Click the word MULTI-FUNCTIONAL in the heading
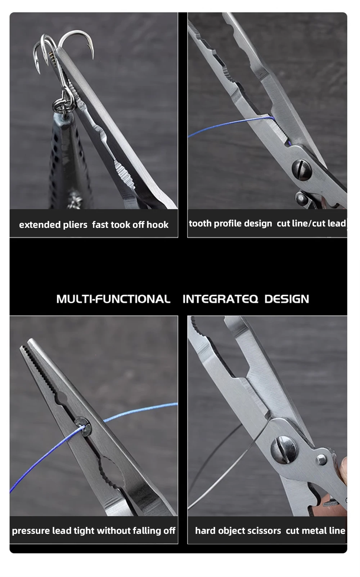pyautogui.click(x=113, y=299)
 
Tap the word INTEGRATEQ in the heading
pyautogui.click(x=220, y=299)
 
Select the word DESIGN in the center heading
pyautogui.click(x=287, y=299)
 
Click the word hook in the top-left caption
pyautogui.click(x=157, y=225)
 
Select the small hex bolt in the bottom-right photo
pyautogui.click(x=321, y=460)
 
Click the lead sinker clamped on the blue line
pyautogui.click(x=83, y=427)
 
